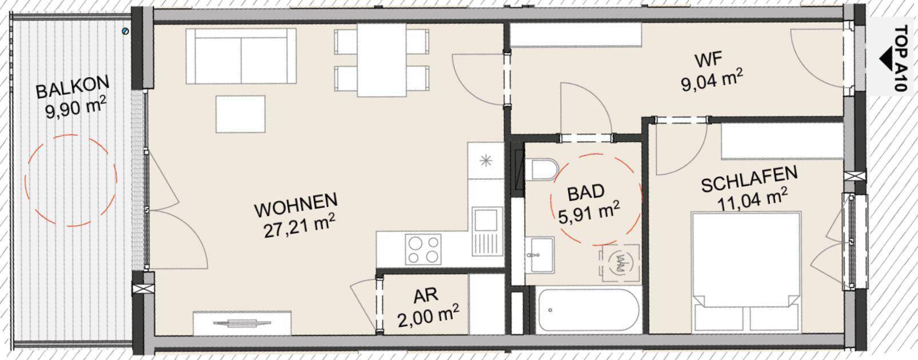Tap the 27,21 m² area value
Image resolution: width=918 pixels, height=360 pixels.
(298, 226)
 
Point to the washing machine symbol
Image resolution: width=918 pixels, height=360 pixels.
(620, 264)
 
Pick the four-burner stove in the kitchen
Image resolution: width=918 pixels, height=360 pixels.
(423, 249)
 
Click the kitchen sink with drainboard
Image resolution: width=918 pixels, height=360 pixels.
(486, 231)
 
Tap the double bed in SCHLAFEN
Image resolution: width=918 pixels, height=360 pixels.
(745, 270)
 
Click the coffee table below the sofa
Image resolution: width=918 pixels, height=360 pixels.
(240, 114)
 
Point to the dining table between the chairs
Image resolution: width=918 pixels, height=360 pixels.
(381, 59)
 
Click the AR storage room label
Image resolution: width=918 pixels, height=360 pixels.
(426, 296)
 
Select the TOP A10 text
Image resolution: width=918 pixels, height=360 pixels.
(901, 58)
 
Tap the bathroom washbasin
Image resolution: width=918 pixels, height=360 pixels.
(539, 255)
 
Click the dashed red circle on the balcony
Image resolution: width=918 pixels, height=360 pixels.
(70, 181)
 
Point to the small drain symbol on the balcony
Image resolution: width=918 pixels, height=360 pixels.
(126, 31)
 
